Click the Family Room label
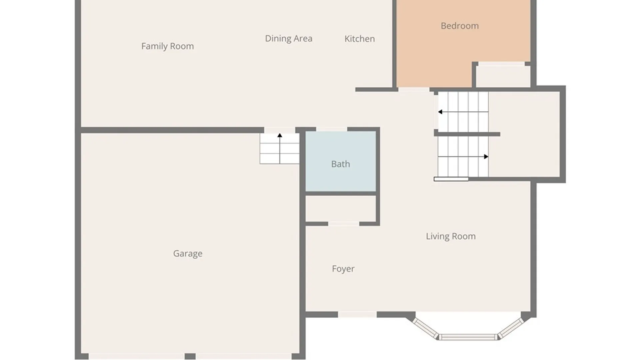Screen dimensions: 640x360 [x=167, y=46]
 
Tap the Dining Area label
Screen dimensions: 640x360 [x=289, y=39]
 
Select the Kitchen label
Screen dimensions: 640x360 [x=360, y=39]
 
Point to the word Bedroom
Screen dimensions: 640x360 [x=460, y=26]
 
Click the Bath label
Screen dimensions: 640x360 [x=341, y=164]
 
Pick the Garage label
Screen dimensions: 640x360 [x=188, y=254]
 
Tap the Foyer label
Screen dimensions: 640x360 [x=343, y=269]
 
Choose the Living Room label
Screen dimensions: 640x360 [x=451, y=236]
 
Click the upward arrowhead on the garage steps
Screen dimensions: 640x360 [x=280, y=135]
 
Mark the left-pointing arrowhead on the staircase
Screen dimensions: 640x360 [x=440, y=112]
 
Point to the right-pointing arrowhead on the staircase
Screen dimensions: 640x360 [x=486, y=157]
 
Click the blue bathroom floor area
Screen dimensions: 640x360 [x=341, y=161]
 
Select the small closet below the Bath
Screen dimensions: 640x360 [x=341, y=209]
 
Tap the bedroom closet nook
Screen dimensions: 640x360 [x=503, y=76]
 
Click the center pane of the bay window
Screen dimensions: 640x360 [x=468, y=337]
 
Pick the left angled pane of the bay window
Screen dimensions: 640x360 [x=426, y=328]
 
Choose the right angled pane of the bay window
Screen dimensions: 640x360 [x=511, y=328]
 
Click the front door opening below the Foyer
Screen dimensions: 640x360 [x=357, y=315]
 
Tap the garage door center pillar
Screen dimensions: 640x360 [x=190, y=356]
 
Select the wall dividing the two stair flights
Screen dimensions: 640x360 [x=467, y=134]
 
